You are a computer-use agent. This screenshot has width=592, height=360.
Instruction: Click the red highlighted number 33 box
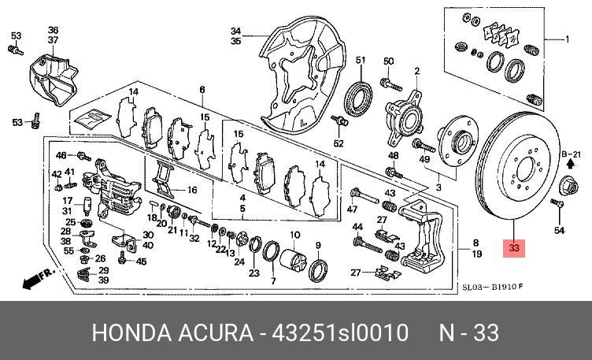(x=514, y=249)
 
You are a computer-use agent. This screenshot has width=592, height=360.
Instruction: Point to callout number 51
(x=361, y=61)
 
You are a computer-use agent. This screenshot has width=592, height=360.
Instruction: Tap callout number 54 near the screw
(x=559, y=230)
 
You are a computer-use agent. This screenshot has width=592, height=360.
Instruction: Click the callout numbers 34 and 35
(x=235, y=35)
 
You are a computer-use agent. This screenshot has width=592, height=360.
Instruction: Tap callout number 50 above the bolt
(x=388, y=61)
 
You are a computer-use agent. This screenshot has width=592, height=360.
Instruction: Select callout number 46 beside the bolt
(x=61, y=156)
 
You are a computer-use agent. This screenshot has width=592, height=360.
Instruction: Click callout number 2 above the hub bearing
(x=416, y=71)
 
